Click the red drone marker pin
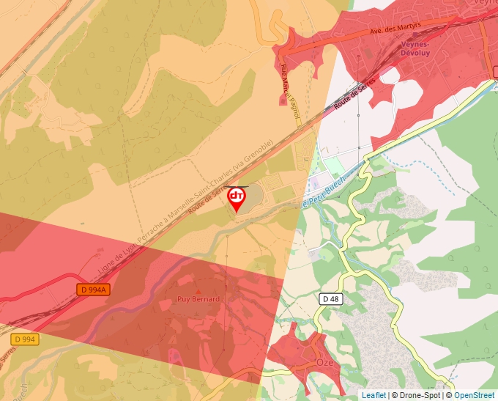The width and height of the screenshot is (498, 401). (x=237, y=198)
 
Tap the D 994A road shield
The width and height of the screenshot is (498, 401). (x=93, y=290)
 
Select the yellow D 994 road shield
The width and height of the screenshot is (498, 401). (x=24, y=339)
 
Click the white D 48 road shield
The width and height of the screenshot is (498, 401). (x=330, y=298)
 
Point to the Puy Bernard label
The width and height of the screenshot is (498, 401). (x=198, y=299)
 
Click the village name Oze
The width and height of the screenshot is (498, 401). (x=324, y=363)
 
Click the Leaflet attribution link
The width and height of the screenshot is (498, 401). (x=373, y=395)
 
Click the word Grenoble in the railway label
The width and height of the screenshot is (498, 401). (x=260, y=152)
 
